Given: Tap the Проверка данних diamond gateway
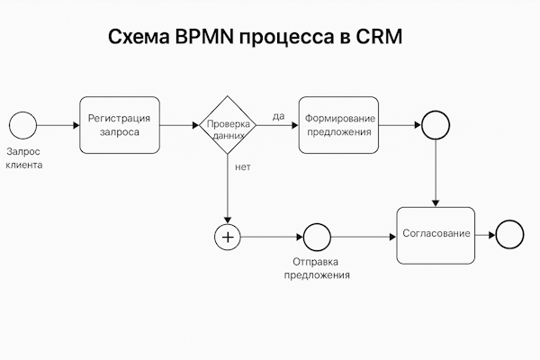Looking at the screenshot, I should click(228, 125).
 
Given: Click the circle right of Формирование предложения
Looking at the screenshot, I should click(436, 125).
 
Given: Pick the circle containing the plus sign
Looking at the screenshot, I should click(228, 237).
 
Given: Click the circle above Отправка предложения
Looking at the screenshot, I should click(317, 237).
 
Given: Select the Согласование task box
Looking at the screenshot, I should click(436, 234).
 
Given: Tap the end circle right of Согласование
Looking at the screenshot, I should click(509, 235).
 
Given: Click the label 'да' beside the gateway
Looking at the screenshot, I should click(278, 115).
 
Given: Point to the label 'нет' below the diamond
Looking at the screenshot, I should click(242, 167).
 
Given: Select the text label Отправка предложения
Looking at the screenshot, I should click(317, 268).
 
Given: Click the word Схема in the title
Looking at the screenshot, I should click(136, 39).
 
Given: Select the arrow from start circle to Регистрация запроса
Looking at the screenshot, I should click(58, 125).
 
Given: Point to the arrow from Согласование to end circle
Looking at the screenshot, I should click(485, 235).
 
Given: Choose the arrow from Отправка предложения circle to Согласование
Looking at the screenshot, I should click(364, 237).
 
